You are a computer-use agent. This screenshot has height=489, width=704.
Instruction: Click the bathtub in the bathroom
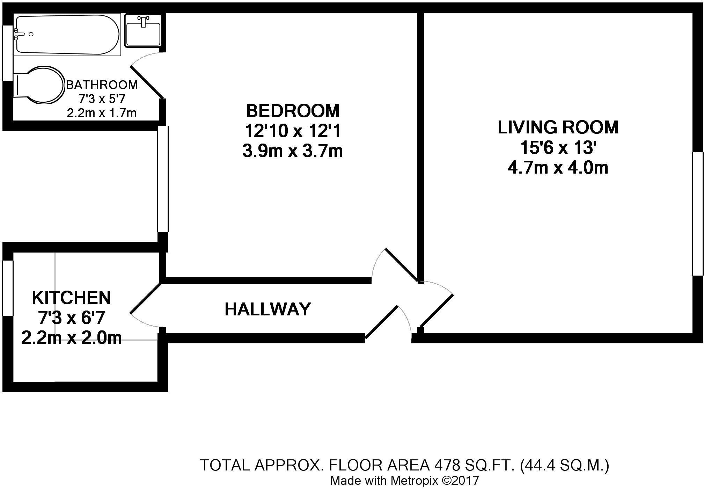pos(67,35)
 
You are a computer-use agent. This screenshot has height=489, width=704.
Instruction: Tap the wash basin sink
pos(143,30)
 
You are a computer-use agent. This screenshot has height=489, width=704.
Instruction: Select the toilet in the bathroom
pos(39,85)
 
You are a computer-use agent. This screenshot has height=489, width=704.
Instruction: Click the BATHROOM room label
pos(102,85)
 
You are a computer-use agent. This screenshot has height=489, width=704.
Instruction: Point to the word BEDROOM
pos(293,111)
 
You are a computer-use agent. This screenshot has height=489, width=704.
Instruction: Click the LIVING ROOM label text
pos(558,127)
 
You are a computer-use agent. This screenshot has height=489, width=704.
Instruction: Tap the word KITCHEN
pos(71,298)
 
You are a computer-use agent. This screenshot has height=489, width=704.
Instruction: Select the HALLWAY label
pos(267,309)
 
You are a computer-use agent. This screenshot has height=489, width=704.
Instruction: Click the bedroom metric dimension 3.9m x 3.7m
pos(293,151)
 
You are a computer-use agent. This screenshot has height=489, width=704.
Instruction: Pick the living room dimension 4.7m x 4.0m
pos(558,168)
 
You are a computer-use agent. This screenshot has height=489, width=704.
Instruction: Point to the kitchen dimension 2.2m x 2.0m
pos(71,338)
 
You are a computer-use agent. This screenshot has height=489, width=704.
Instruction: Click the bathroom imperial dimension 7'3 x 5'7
pos(102,99)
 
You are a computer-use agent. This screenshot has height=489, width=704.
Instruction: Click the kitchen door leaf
pos(146,298)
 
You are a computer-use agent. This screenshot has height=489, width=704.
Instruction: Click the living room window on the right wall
pos(698,213)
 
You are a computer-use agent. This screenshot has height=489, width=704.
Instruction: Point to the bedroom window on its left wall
pos(163,179)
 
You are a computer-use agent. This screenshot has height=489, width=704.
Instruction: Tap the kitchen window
pos(8,288)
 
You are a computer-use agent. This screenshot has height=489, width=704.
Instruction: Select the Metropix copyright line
pos(404,481)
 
